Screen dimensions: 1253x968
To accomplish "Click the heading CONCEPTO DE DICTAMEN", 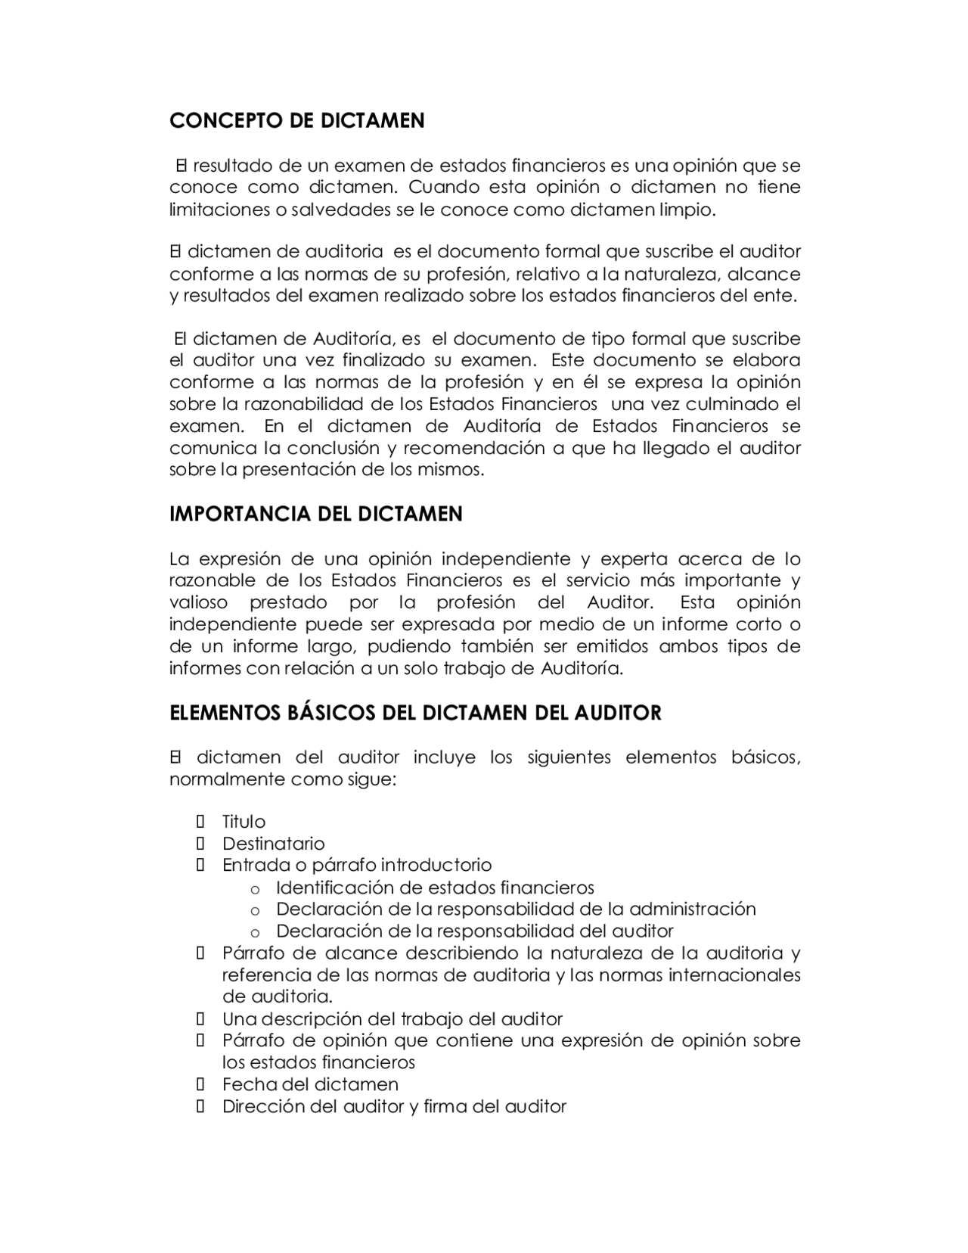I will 296,121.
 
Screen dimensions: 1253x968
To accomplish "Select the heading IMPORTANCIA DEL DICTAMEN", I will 315,515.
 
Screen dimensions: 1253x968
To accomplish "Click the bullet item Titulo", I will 244,822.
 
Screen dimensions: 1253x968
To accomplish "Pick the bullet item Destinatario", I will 273,844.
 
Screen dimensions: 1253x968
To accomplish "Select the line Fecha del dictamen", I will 310,1084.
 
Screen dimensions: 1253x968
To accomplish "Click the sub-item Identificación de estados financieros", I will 435,888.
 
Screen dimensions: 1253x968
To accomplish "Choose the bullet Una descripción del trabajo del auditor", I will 392,1019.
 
